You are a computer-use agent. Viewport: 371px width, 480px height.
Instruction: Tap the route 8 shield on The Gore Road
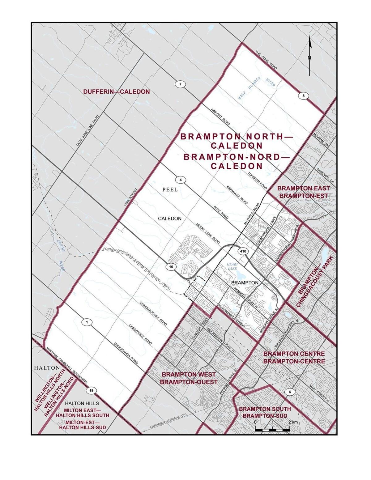[x=303, y=96]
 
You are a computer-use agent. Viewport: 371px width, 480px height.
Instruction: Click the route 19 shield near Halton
[x=91, y=391]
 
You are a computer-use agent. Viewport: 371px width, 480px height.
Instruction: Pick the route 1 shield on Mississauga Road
[x=87, y=322]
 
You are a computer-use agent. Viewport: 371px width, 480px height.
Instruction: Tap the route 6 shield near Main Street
[x=290, y=392]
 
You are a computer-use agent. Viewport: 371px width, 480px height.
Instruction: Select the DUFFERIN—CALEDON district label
[x=116, y=92]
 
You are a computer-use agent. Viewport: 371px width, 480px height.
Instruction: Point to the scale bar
[x=272, y=429]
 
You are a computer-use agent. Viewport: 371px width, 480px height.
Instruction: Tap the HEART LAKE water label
[x=232, y=266]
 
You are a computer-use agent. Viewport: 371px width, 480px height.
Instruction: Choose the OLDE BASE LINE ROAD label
[x=88, y=131]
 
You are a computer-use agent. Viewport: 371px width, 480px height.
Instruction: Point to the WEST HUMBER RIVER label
[x=256, y=89]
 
